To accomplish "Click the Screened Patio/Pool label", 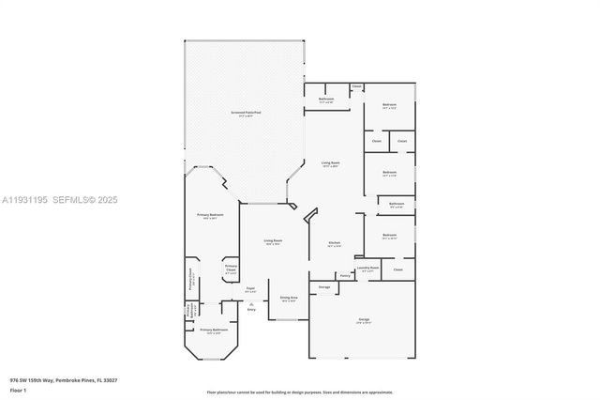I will point(247,112).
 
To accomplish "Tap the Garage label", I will point(363,320).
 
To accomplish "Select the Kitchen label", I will point(335,242).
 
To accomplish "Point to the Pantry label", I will point(345,275).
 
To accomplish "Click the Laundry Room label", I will point(368,268).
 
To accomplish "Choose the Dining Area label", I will point(289,298).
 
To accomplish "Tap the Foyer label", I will point(250,288).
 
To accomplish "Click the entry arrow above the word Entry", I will point(251,303).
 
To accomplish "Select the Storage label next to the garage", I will point(323,286).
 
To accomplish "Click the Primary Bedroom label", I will point(210,215).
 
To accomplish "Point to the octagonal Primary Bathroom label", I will point(214,331).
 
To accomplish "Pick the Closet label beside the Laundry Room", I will point(398,269).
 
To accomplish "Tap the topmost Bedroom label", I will point(389,104).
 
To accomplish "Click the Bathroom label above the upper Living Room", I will point(326,99).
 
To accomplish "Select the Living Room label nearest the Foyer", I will point(273,240).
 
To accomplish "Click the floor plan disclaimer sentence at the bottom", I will point(301,392).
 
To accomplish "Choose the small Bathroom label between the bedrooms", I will point(397,203).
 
